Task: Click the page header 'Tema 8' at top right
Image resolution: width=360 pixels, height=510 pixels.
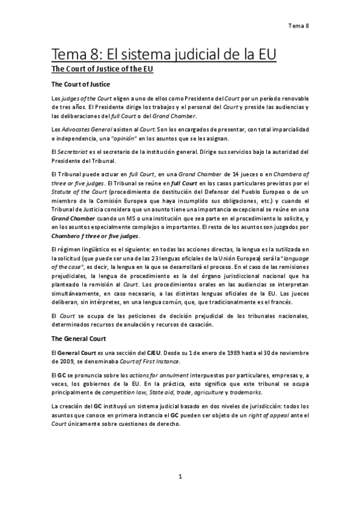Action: click(x=298, y=26)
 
